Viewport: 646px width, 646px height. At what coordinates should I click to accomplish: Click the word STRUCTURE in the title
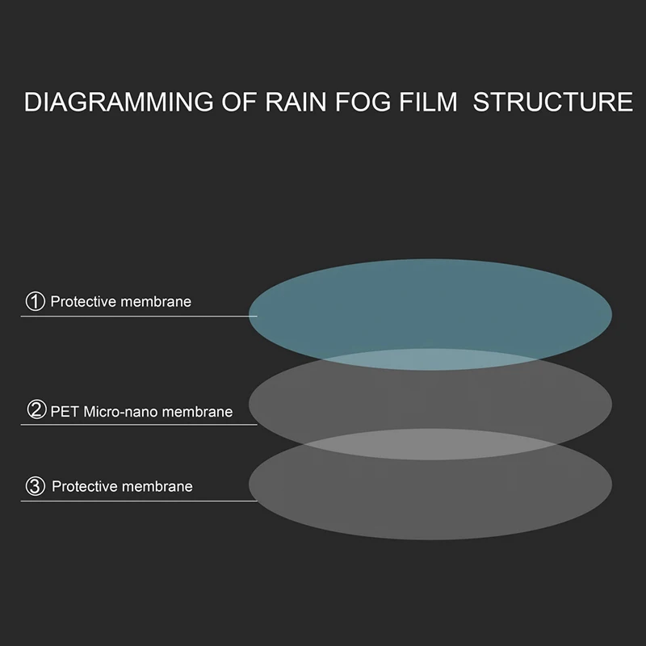pos(553,103)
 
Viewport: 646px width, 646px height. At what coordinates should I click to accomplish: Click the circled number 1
pos(35,302)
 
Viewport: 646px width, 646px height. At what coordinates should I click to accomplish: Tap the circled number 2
pos(36,410)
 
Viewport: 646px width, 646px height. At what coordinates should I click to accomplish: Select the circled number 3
pos(36,486)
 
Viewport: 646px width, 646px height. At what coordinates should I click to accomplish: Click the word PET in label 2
pos(63,411)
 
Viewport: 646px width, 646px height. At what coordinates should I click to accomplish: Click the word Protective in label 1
pos(83,302)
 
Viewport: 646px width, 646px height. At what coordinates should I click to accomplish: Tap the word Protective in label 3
pos(85,486)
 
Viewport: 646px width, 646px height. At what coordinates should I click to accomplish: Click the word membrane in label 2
pos(198,411)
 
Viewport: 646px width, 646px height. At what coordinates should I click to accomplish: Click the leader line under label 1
pos(137,316)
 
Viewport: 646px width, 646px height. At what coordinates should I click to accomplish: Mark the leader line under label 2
pos(137,425)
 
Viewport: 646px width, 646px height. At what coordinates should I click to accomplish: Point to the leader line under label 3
pos(137,501)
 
